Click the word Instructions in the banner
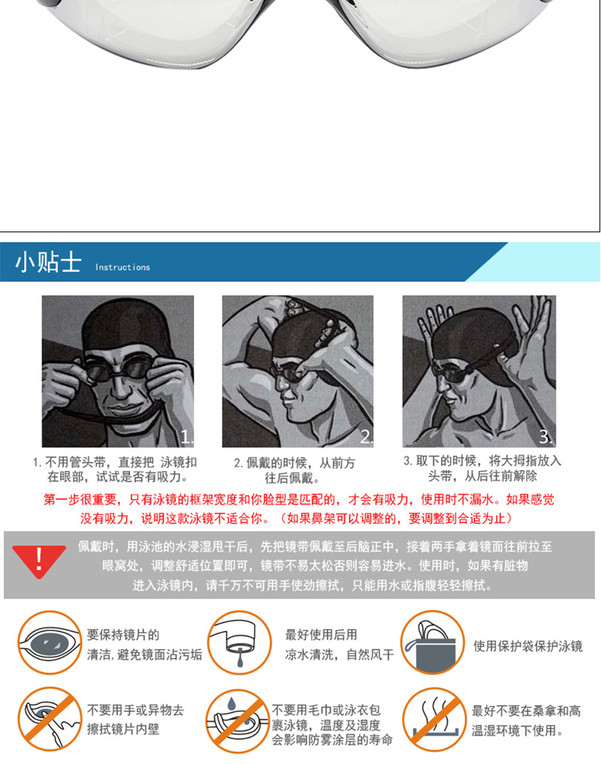pyautogui.click(x=122, y=267)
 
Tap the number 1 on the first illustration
pyautogui.click(x=187, y=436)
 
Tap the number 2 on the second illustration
pyautogui.click(x=366, y=436)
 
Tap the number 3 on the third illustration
pyautogui.click(x=546, y=436)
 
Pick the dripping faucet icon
pyautogui.click(x=238, y=642)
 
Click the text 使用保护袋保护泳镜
pyautogui.click(x=527, y=646)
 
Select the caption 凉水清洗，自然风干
pyautogui.click(x=339, y=654)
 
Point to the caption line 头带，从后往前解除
pyautogui.click(x=482, y=476)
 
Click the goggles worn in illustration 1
pyautogui.click(x=117, y=370)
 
